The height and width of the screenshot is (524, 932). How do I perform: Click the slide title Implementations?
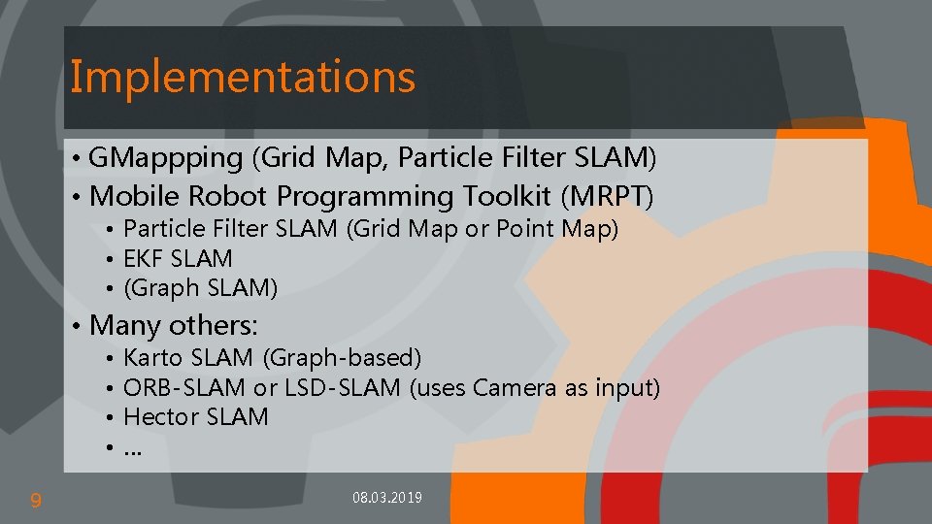coord(243,77)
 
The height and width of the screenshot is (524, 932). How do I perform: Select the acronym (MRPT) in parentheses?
coord(607,196)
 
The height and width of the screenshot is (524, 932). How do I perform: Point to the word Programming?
coord(364,196)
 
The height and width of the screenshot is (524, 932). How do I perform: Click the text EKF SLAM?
coord(179,259)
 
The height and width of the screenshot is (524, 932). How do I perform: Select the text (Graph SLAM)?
coord(201,288)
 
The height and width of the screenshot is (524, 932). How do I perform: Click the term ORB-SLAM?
coord(184,388)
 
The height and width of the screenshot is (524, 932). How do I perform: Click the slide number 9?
coord(36,501)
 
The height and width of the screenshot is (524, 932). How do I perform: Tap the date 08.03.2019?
coord(387,498)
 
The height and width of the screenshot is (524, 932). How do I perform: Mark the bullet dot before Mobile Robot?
coord(76,197)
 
